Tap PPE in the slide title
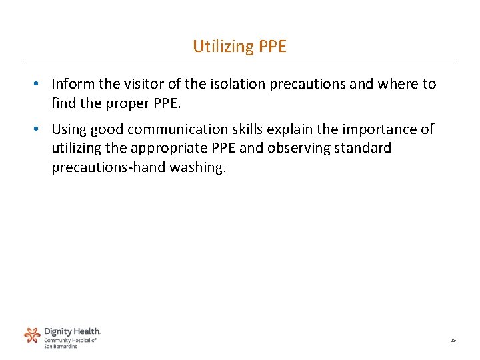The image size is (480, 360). [x=272, y=46]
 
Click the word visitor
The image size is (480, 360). [x=139, y=84]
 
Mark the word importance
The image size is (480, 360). [x=387, y=129]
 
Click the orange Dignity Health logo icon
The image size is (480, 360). [x=32, y=335]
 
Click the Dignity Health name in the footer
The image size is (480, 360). [x=72, y=331]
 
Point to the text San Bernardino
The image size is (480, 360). [x=61, y=346]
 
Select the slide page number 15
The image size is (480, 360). [x=453, y=341]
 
